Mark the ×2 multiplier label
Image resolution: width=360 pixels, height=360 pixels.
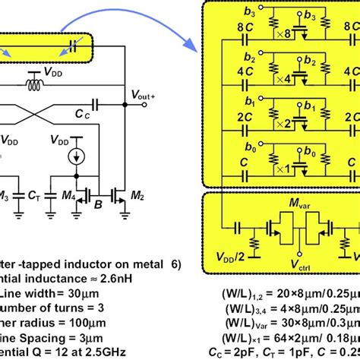(x=280, y=122)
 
